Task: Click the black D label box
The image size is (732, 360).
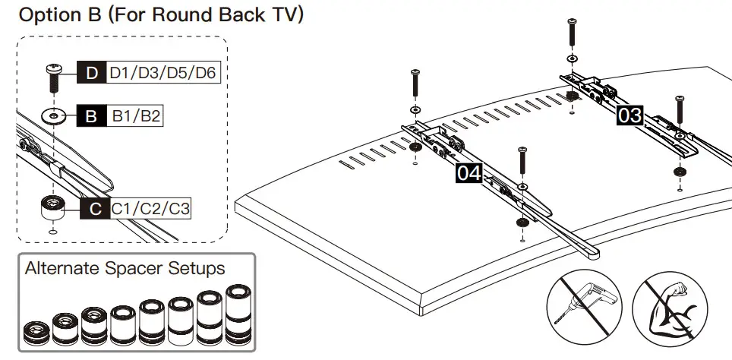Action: click(x=92, y=74)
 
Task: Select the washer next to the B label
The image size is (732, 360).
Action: click(x=52, y=117)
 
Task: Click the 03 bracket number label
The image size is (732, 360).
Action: click(x=629, y=115)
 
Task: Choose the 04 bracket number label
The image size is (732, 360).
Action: click(x=469, y=174)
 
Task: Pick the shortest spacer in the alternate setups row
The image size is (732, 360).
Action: click(x=35, y=332)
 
